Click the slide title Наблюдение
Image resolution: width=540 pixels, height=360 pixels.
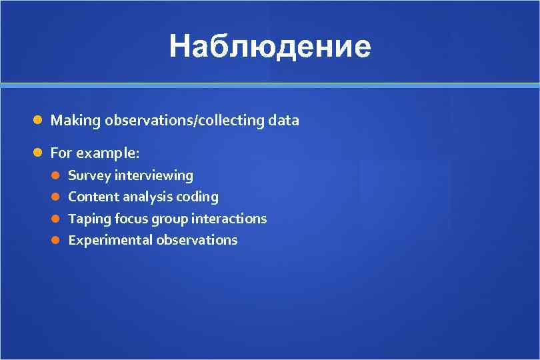pyautogui.click(x=269, y=47)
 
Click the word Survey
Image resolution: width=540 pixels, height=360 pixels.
pyautogui.click(x=89, y=176)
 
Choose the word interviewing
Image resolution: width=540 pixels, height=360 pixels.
pyautogui.click(x=154, y=176)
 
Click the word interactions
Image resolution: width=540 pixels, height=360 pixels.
pyautogui.click(x=229, y=219)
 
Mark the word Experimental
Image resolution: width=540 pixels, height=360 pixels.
pyautogui.click(x=110, y=240)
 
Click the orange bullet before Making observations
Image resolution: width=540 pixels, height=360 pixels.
pyautogui.click(x=39, y=121)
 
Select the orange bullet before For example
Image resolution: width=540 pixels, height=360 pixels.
pyautogui.click(x=39, y=153)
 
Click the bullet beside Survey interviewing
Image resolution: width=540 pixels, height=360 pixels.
pyautogui.click(x=57, y=176)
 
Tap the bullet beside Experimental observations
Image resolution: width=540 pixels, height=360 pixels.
pyautogui.click(x=57, y=240)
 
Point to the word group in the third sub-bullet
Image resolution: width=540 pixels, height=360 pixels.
pyautogui.click(x=169, y=219)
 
